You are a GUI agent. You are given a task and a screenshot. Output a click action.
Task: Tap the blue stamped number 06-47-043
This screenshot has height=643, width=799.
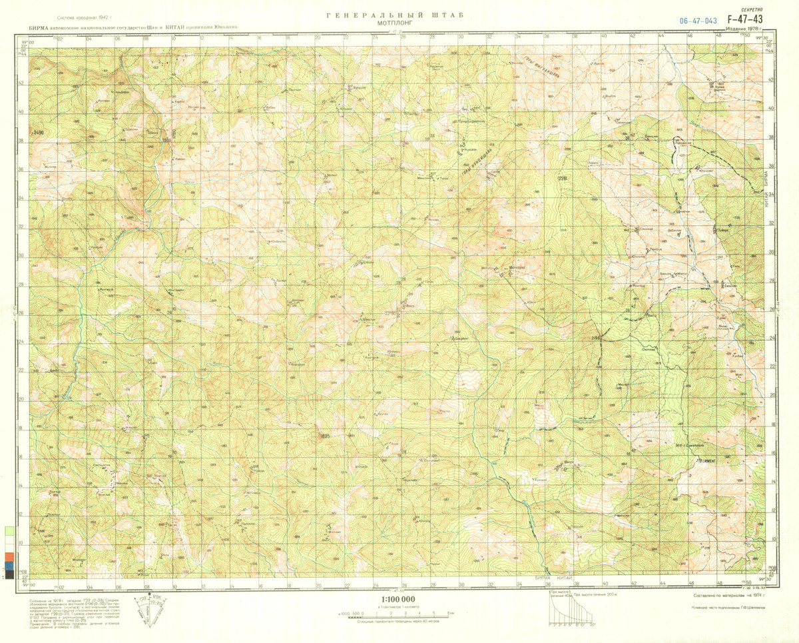click(698, 21)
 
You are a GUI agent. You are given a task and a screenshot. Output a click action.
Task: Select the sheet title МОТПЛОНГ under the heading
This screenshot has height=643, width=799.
click(395, 22)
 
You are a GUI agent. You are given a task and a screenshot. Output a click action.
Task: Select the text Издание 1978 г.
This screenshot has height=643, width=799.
click(744, 29)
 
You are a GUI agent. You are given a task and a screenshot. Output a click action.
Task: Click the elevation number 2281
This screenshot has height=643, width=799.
click(563, 178)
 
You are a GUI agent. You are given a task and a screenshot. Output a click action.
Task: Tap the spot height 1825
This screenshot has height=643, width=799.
click(324, 436)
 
